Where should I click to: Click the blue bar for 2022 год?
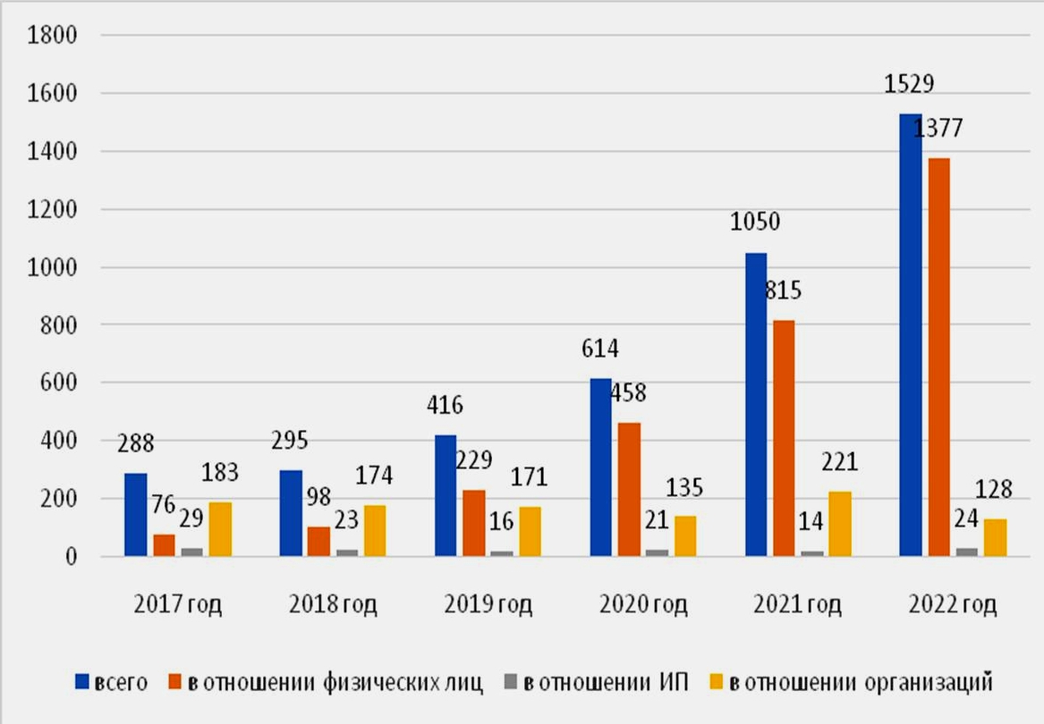(910, 335)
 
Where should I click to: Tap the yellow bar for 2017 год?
(219, 529)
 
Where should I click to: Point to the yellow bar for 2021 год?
(840, 524)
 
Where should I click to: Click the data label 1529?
(910, 85)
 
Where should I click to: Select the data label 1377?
(938, 129)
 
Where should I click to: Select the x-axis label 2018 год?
(333, 605)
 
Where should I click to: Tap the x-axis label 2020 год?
(643, 605)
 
